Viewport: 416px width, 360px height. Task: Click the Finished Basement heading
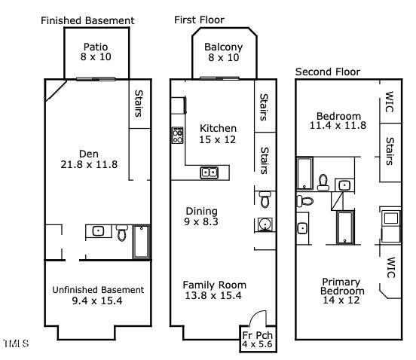click(87, 20)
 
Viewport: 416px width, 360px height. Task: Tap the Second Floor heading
click(328, 72)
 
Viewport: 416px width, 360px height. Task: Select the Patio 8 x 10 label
click(96, 52)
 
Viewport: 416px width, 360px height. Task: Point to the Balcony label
click(223, 47)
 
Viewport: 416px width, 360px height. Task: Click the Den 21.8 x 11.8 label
click(89, 159)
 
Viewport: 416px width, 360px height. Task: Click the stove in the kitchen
click(177, 136)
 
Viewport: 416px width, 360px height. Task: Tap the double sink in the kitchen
click(209, 172)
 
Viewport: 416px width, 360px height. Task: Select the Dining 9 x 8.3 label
click(201, 216)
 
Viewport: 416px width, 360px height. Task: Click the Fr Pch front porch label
click(257, 340)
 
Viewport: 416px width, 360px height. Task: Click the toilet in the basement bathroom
click(122, 233)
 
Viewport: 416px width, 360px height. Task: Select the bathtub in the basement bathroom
click(141, 242)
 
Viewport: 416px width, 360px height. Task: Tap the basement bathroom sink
click(98, 231)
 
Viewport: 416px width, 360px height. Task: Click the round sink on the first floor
click(265, 224)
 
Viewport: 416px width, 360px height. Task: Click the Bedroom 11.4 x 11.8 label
click(338, 121)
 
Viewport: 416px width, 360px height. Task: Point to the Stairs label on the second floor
click(389, 151)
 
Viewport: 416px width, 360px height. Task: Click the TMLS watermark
click(17, 343)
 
